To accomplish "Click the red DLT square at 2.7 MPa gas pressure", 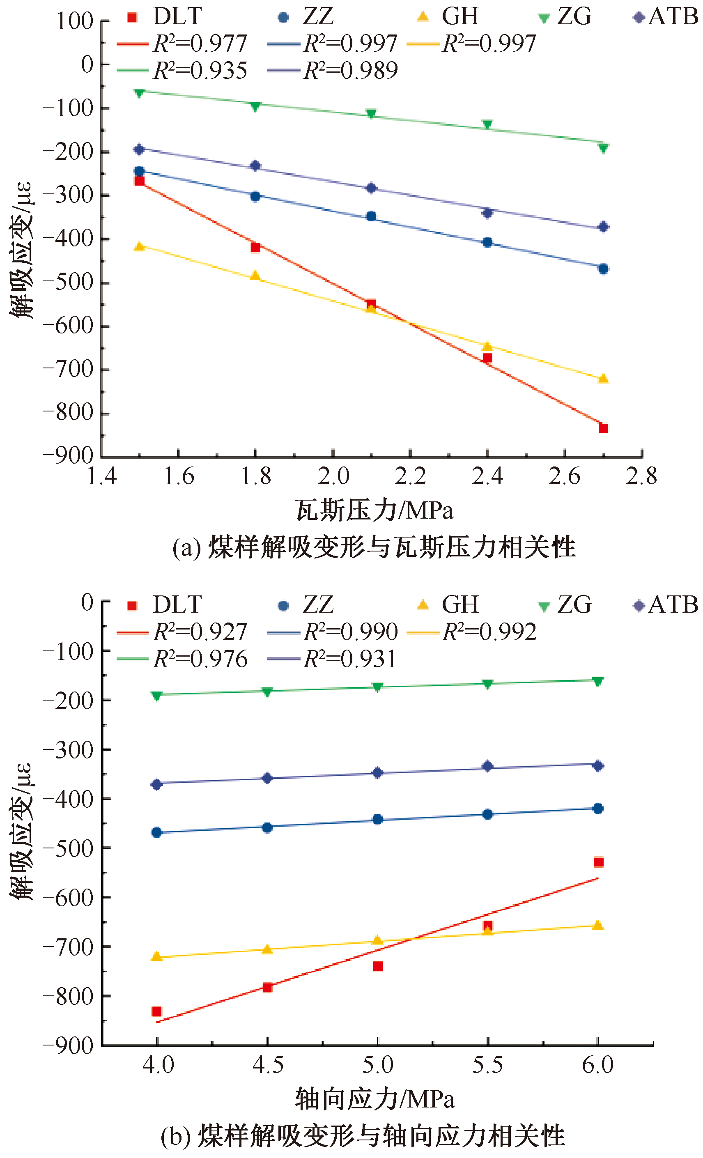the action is (603, 427).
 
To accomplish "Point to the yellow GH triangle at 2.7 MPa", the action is (603, 378).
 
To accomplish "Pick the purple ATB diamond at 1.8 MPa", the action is (255, 165).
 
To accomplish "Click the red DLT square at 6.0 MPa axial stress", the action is (598, 862).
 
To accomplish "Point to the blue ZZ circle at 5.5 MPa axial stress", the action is (488, 814).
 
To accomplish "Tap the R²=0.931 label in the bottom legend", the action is (350, 659).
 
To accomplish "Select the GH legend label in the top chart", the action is (460, 16).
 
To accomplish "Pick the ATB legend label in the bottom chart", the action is (673, 605).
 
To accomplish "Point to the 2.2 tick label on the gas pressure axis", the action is (410, 477).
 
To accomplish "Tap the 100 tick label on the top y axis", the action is (75, 21).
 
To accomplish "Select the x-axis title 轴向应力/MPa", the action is (374, 1099).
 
